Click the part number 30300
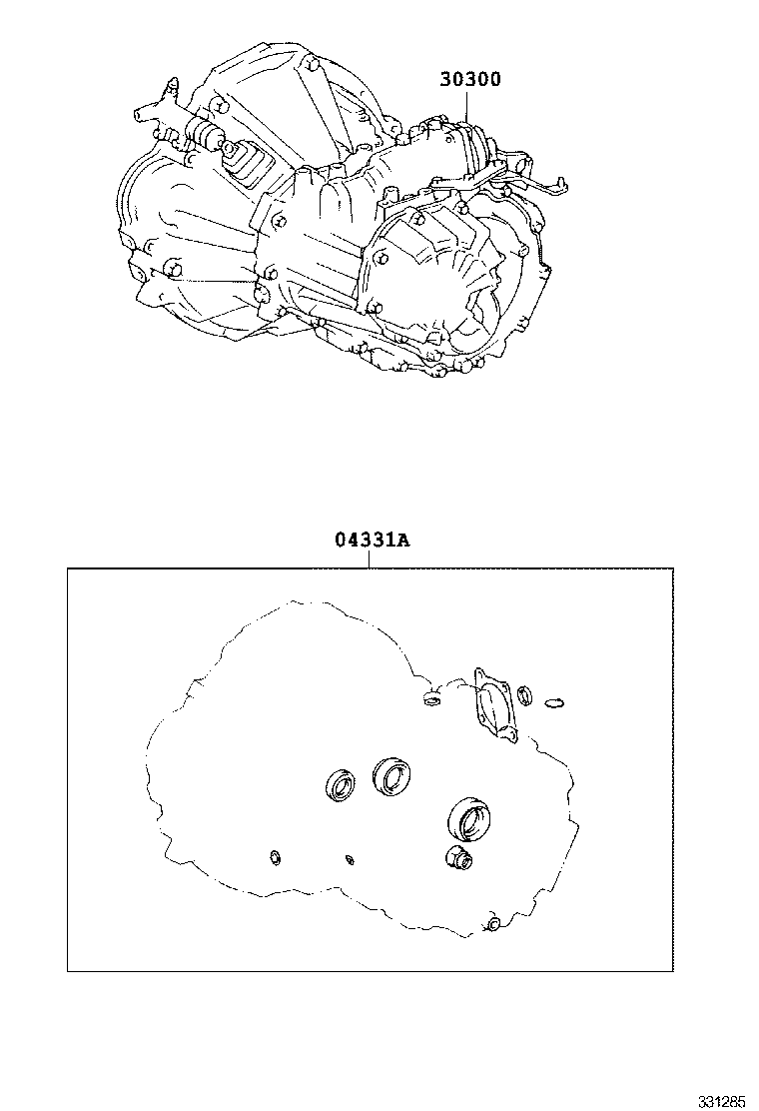(469, 79)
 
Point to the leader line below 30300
(467, 106)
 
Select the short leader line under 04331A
(369, 559)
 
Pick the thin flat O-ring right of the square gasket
(555, 703)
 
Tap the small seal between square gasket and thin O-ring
(524, 695)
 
